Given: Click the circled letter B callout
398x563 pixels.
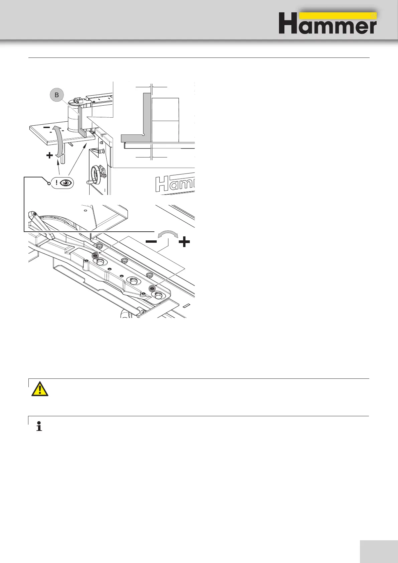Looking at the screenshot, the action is [57, 95].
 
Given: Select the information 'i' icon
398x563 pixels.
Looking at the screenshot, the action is [39, 427].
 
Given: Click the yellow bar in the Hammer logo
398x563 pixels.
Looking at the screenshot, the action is [338, 16].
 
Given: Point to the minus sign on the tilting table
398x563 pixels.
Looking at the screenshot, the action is [47, 128].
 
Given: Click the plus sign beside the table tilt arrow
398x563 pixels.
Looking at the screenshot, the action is [49, 155].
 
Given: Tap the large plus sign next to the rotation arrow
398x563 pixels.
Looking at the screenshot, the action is [184, 242].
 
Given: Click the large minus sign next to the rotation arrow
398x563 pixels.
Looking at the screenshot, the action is [151, 242].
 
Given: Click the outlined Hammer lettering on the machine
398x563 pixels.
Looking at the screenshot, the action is [175, 184].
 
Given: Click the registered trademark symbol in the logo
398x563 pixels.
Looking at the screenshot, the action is [374, 16].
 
